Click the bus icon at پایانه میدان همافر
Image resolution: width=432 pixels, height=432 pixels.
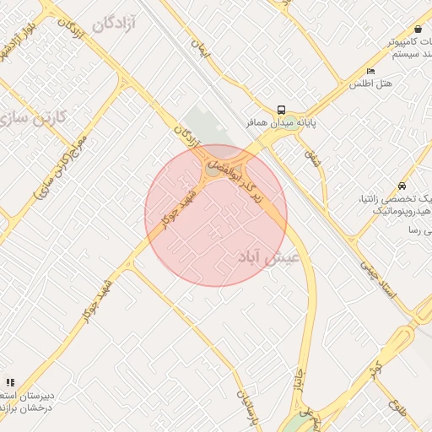pyautogui.click(x=281, y=109)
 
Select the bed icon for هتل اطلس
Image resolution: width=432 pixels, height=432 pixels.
pyautogui.click(x=370, y=71)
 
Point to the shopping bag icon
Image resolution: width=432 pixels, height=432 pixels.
pyautogui.click(x=418, y=29)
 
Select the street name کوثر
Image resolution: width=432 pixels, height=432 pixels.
pyautogui.click(x=375, y=369)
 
